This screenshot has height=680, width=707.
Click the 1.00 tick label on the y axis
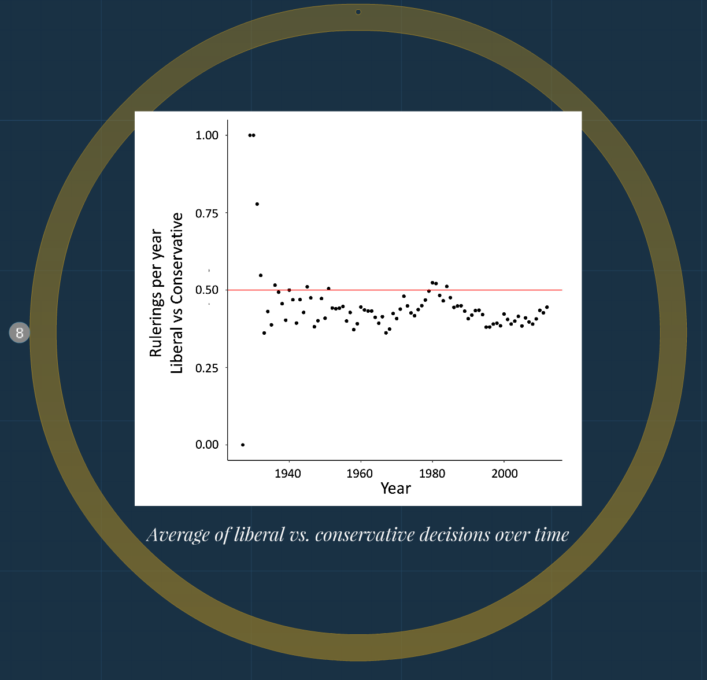pos(207,135)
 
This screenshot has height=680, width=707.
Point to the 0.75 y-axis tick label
pos(207,213)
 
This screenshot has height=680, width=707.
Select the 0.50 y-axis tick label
pos(207,290)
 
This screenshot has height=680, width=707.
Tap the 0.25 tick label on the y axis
pos(207,368)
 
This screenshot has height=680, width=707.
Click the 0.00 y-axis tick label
pos(207,445)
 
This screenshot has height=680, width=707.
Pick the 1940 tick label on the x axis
pos(288,474)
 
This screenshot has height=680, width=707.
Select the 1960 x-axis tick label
pos(360,474)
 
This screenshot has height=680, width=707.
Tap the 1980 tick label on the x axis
pos(432,474)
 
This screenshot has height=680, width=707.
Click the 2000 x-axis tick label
pos(504,474)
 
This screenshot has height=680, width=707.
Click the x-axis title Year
pos(395,489)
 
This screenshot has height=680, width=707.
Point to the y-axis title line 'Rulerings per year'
pos(156,293)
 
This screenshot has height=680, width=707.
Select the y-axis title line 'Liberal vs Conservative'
pos(177,293)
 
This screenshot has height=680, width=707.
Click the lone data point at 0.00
pos(243,445)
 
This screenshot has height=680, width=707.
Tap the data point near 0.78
pos(257,204)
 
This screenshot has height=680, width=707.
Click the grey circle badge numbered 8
pos(19,332)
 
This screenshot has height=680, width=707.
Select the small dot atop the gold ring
pos(358,12)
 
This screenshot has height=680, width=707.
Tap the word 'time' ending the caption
pos(551,535)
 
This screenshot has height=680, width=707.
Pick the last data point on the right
pos(547,307)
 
